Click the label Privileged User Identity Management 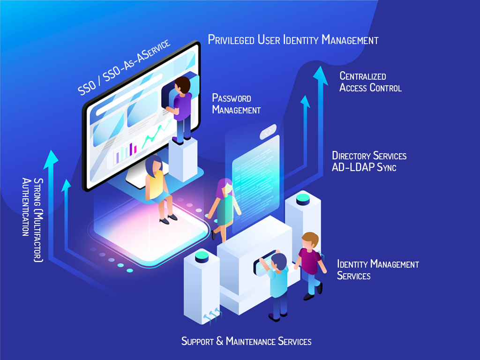pos(293,40)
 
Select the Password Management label pos(236,104)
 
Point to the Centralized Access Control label pos(370,82)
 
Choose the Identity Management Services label pos(378,270)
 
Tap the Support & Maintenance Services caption pos(246,341)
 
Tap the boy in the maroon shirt pos(309,262)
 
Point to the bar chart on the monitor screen pos(126,152)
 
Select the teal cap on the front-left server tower pos(202,256)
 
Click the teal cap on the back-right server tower pos(303,198)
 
